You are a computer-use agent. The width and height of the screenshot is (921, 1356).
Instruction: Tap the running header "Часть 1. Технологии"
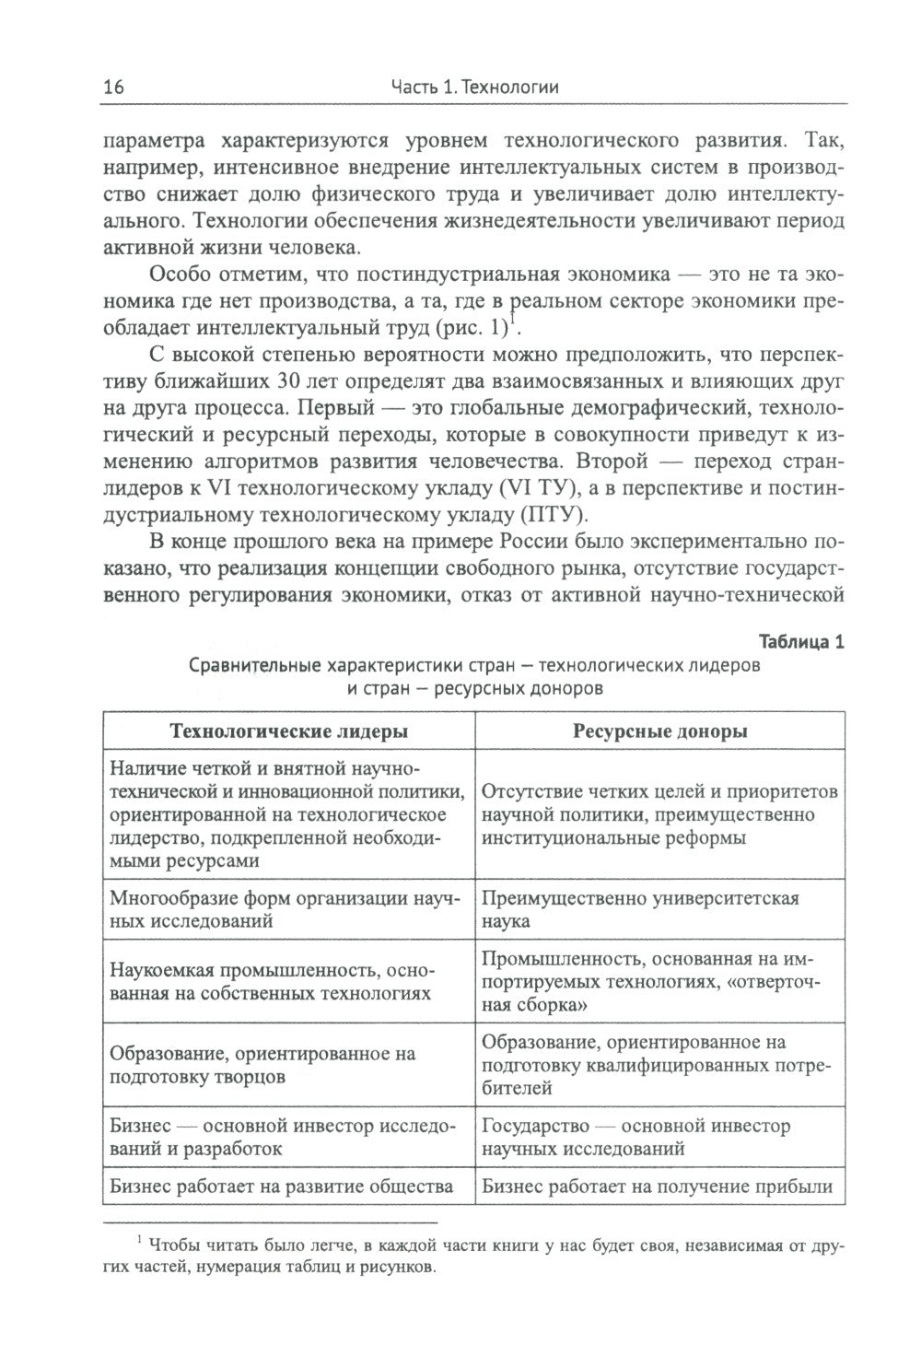[475, 88]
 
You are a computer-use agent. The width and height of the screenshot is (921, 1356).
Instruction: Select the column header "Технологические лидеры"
[289, 731]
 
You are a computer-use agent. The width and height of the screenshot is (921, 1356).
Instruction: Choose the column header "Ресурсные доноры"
[659, 731]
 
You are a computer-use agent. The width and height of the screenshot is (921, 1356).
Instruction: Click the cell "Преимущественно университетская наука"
[639, 909]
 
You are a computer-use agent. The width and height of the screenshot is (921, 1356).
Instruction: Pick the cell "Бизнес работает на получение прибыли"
[657, 1186]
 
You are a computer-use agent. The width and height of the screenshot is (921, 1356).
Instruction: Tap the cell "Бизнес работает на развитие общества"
[281, 1186]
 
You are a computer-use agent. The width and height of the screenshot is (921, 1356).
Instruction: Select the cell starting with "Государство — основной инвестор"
[635, 1137]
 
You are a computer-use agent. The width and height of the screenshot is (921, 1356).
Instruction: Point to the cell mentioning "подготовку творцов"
[262, 1065]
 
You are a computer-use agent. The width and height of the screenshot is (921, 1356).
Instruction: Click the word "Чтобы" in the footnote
[177, 1245]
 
